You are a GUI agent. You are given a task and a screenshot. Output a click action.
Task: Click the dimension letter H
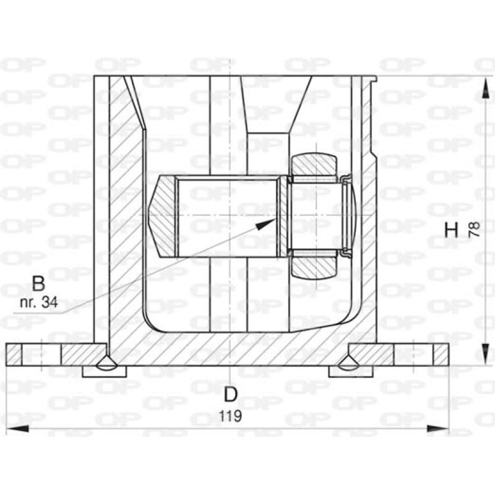(452, 230)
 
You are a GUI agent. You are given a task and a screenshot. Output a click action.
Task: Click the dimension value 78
(475, 230)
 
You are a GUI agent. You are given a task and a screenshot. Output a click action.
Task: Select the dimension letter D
(230, 394)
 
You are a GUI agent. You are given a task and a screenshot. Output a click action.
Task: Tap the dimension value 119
(230, 416)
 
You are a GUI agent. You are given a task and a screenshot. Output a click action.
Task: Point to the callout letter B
(38, 284)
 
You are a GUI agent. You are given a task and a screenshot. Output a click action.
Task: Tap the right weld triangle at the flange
(350, 363)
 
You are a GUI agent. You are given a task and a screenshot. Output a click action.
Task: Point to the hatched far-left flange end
(14, 355)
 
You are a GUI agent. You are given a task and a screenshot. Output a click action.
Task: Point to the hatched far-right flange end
(440, 355)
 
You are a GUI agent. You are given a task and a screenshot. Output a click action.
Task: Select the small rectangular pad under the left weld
(104, 371)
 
